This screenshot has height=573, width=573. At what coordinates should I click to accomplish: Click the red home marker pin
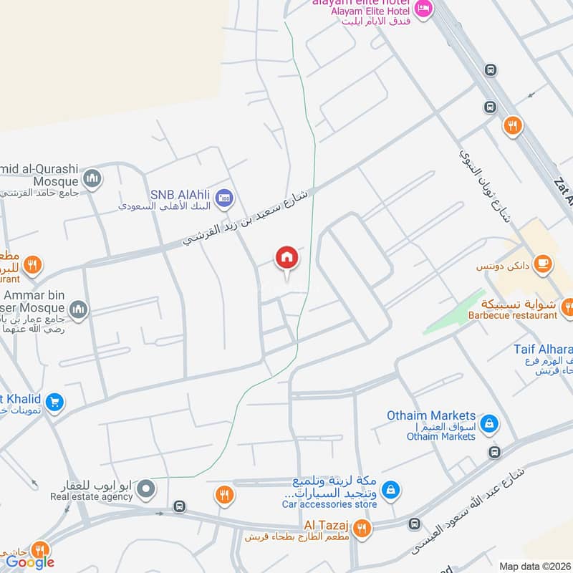click(x=286, y=258)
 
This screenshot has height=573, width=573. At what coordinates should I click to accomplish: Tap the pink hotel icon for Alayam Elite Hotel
click(x=423, y=9)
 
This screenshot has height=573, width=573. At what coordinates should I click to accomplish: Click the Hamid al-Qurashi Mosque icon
click(x=92, y=177)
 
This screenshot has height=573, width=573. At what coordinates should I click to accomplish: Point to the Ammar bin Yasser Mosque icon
click(x=78, y=309)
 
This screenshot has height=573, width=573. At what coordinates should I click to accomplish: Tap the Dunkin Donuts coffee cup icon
click(x=543, y=263)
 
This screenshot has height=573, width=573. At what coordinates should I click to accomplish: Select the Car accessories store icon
click(x=390, y=490)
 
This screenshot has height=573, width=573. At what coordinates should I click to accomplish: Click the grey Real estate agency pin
click(x=146, y=489)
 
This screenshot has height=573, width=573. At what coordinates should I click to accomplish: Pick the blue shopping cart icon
click(x=53, y=403)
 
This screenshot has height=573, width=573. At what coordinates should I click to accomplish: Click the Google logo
click(x=30, y=562)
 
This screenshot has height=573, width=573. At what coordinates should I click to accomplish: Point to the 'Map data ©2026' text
click(x=534, y=566)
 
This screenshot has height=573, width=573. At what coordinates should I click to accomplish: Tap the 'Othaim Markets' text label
click(x=431, y=415)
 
